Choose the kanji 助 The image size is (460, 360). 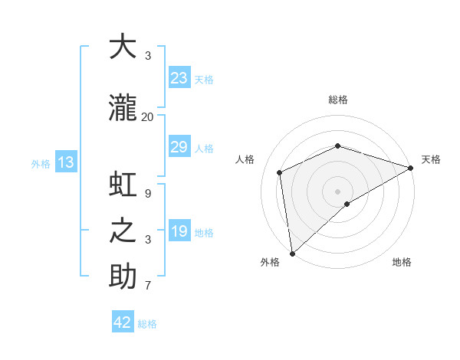point(123,277)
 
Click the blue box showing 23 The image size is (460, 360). point(179,78)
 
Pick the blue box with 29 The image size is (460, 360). point(179,147)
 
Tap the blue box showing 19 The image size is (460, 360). point(179,231)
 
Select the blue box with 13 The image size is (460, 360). point(65,162)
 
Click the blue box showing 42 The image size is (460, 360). point(123,322)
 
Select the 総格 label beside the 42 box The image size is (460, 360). point(147,324)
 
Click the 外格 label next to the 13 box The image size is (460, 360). point(40,163)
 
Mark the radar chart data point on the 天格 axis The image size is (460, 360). point(410,168)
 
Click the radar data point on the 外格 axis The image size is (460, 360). point(292,253)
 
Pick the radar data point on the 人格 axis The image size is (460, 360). point(280,172)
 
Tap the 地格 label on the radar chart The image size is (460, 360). point(402,262)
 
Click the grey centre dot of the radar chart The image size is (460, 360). point(337,191)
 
